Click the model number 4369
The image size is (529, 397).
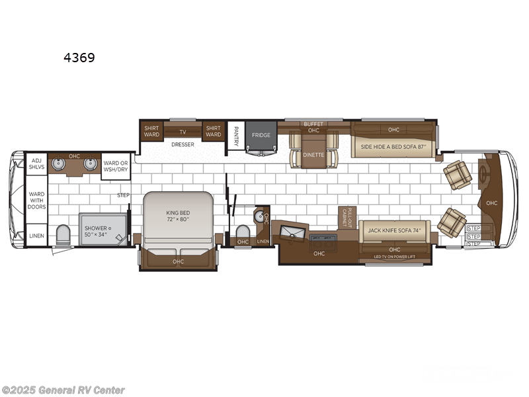coord(79,58)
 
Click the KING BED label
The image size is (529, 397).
coord(177,216)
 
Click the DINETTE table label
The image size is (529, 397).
coord(314,155)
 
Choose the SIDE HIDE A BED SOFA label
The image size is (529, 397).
coord(394,147)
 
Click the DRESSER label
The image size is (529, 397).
coord(182,144)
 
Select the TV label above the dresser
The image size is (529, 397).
coord(183,131)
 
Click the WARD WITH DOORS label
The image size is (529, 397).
coord(36,200)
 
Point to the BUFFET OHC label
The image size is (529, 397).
coord(313,127)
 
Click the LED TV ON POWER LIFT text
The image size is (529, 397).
coord(394,257)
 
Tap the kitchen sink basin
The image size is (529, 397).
coord(292,232)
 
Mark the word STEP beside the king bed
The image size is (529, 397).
coord(123,195)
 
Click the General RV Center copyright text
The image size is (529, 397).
coord(63,390)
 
